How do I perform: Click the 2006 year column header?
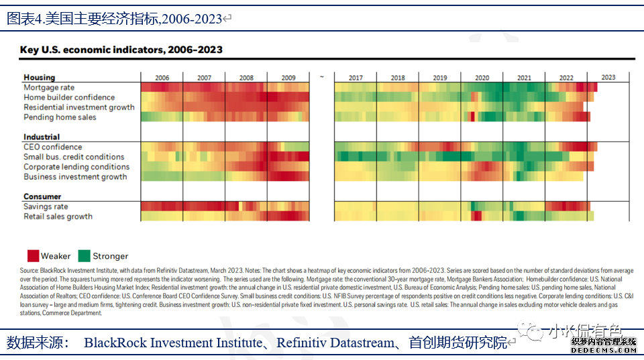click(x=162, y=78)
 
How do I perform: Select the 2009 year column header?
click(x=288, y=78)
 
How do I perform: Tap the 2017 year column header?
click(x=356, y=78)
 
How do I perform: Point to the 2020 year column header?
click(x=482, y=78)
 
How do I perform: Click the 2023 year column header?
click(x=608, y=77)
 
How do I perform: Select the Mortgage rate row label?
click(x=49, y=88)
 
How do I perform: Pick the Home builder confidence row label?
click(x=69, y=98)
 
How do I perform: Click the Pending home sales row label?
click(x=60, y=117)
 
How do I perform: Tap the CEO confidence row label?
click(x=52, y=147)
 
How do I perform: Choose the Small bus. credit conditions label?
click(x=74, y=157)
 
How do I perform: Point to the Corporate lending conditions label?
click(x=76, y=167)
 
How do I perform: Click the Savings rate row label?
click(x=46, y=207)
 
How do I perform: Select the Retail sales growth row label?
click(x=58, y=217)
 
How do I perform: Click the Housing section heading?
click(x=39, y=78)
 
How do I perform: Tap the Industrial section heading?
click(x=42, y=137)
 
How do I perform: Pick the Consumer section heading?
click(x=42, y=196)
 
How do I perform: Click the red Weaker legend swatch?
click(x=32, y=255)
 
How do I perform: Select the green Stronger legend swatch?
click(x=84, y=255)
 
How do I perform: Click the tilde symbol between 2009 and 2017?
click(x=322, y=78)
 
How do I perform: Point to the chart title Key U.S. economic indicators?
click(x=121, y=50)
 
